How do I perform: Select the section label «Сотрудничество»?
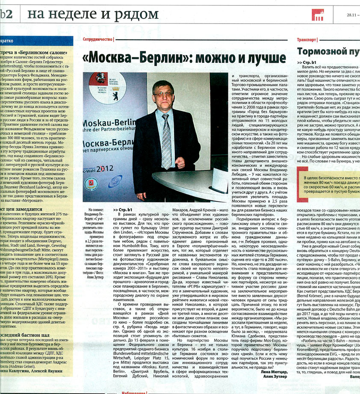(98, 39)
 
